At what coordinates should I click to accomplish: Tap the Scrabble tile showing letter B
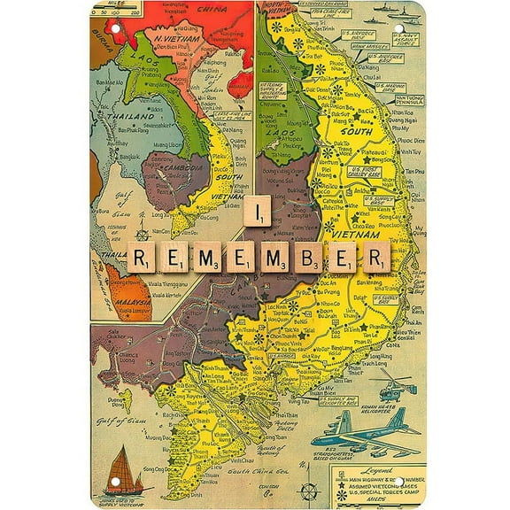coord(308,257)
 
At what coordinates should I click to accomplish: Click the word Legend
coord(390,469)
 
